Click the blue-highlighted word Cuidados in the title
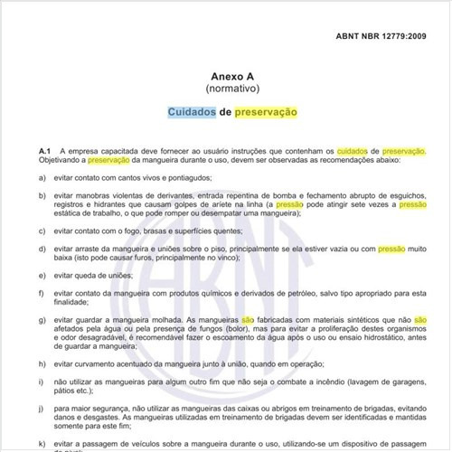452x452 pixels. (x=191, y=114)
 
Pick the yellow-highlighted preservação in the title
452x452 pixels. (x=266, y=114)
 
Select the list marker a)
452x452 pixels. (x=43, y=178)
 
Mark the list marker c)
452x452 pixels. (x=43, y=231)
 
